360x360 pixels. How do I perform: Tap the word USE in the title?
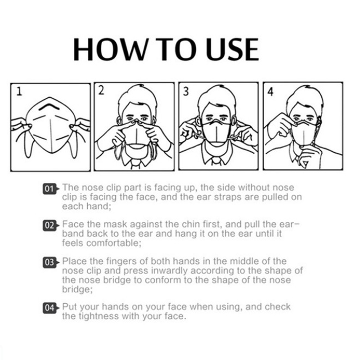(232, 49)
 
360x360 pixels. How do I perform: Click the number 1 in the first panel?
(19, 91)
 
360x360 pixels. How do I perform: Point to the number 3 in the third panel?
(186, 91)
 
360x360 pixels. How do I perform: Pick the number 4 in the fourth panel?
(270, 91)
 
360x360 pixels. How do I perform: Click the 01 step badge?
(50, 189)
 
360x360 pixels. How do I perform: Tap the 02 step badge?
(50, 225)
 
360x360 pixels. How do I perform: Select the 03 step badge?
(50, 262)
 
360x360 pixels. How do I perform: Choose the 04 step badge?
(50, 308)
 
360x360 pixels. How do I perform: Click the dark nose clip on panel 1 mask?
(49, 106)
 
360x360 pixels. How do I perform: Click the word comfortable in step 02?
(113, 243)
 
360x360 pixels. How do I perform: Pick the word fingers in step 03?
(120, 261)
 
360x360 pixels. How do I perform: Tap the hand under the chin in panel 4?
(310, 156)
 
